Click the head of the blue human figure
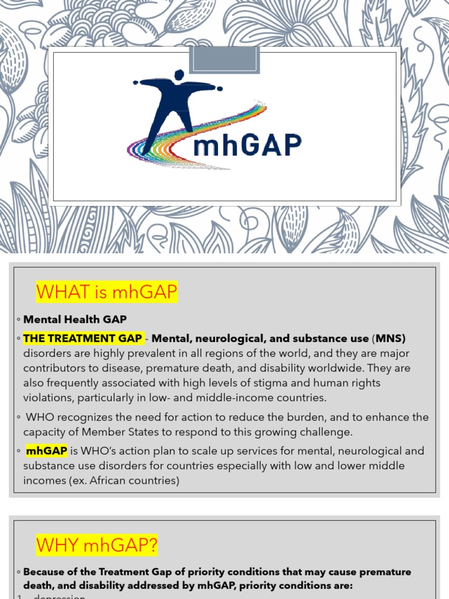(179, 75)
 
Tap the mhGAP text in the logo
(247, 144)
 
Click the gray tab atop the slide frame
(224, 60)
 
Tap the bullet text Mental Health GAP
(75, 319)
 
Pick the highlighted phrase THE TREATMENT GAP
(82, 339)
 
